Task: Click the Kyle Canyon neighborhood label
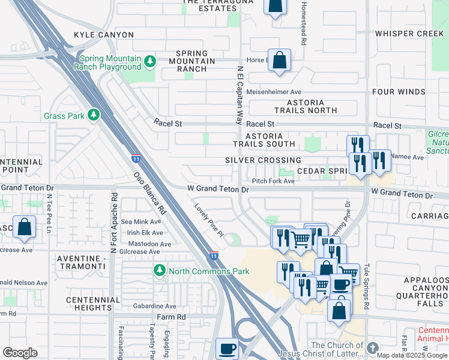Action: (x=98, y=35)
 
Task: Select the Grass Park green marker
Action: (x=93, y=114)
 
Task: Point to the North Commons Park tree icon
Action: (x=160, y=271)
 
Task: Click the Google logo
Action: (x=20, y=352)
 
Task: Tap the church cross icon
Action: (x=373, y=348)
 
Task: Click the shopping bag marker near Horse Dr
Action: (x=279, y=59)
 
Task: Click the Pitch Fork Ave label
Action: (x=273, y=181)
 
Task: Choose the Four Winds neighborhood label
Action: (x=399, y=92)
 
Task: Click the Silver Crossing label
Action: (x=263, y=160)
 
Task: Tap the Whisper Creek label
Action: (x=409, y=34)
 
